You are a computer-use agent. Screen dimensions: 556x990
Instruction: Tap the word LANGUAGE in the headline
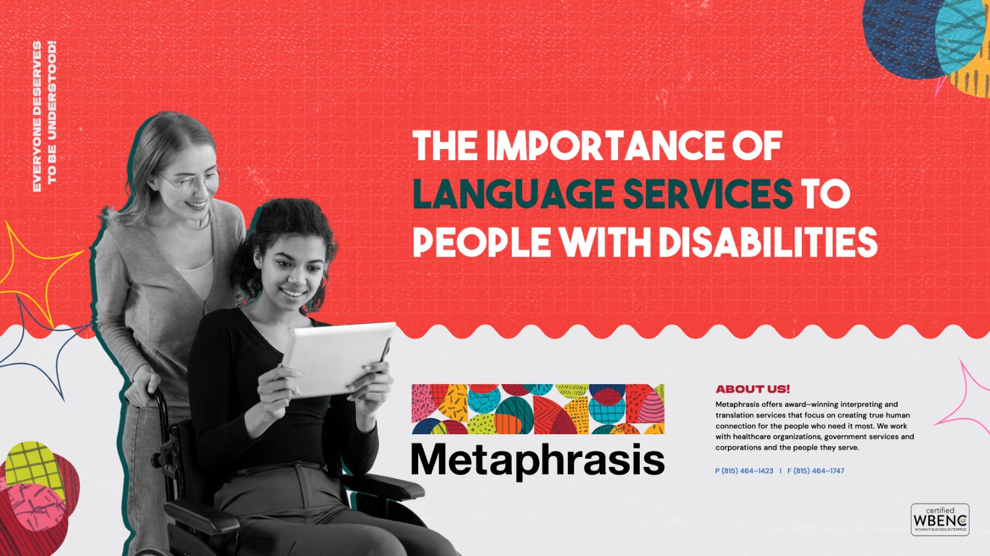[513, 194]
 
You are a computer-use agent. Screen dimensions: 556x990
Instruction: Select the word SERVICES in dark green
[707, 194]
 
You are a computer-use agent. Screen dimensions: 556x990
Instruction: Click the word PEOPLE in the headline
[481, 242]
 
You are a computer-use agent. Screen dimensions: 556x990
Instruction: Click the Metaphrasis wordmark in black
[538, 461]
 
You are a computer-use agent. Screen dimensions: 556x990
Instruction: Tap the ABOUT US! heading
[752, 389]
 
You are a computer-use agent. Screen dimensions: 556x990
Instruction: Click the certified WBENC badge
[940, 520]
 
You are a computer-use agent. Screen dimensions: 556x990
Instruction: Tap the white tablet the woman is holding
[337, 359]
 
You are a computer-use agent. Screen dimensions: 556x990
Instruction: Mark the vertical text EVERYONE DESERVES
[37, 116]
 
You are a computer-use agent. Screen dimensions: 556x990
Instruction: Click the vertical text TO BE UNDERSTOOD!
[52, 112]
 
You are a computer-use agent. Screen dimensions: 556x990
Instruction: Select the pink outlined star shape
[965, 396]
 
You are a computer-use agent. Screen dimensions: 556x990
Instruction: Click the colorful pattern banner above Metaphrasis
[538, 409]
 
